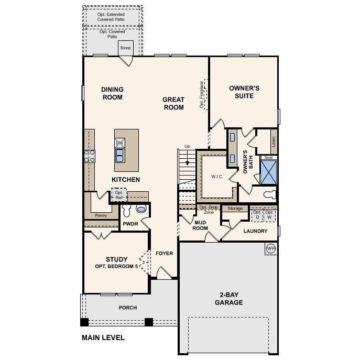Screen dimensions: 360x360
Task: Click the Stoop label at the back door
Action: pos(125,48)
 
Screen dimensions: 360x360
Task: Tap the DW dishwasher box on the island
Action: pos(119,143)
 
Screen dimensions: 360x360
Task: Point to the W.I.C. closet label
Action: pos(217,177)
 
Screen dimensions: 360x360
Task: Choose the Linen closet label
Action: pos(273,141)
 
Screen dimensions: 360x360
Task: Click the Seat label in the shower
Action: pos(268,158)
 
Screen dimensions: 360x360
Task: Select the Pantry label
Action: pos(101,215)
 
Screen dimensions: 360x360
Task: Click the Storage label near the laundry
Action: pos(235,209)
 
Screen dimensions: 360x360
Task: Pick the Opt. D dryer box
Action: pos(257,215)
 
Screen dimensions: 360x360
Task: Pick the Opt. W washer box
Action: pos(269,215)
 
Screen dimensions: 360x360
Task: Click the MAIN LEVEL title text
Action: pos(103,338)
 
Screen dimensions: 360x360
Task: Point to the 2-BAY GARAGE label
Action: pos(228,299)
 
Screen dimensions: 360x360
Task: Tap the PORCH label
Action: pos(128,308)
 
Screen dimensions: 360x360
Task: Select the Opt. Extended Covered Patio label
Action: pos(112,17)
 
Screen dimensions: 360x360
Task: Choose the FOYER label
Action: pos(164,254)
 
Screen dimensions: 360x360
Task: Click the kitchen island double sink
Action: pos(119,156)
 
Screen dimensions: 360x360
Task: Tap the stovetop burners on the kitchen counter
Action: pos(90,155)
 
